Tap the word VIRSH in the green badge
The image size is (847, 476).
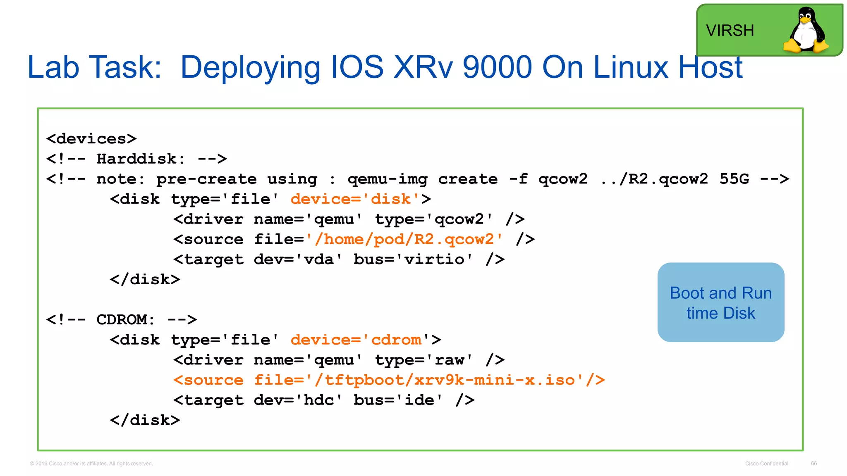pyautogui.click(x=730, y=31)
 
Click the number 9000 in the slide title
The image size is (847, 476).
pyautogui.click(x=497, y=67)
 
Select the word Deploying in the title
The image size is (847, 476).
pyautogui.click(x=250, y=68)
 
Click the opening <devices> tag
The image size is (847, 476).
pyautogui.click(x=91, y=139)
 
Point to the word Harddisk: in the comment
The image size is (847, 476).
pyautogui.click(x=141, y=159)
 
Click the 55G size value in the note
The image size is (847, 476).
pyautogui.click(x=734, y=179)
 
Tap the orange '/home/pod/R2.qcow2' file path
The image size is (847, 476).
pyautogui.click(x=404, y=239)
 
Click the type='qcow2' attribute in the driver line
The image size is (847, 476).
pyautogui.click(x=434, y=219)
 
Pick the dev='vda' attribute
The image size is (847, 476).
pyautogui.click(x=298, y=259)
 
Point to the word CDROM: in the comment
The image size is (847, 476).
pyautogui.click(x=125, y=319)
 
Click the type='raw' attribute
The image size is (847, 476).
pyautogui.click(x=423, y=360)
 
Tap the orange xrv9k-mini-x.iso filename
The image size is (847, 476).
pyautogui.click(x=494, y=380)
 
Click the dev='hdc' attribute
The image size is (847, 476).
pyautogui.click(x=298, y=400)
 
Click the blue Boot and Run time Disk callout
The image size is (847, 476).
pyautogui.click(x=720, y=302)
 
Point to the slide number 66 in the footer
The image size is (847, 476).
pyautogui.click(x=814, y=463)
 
